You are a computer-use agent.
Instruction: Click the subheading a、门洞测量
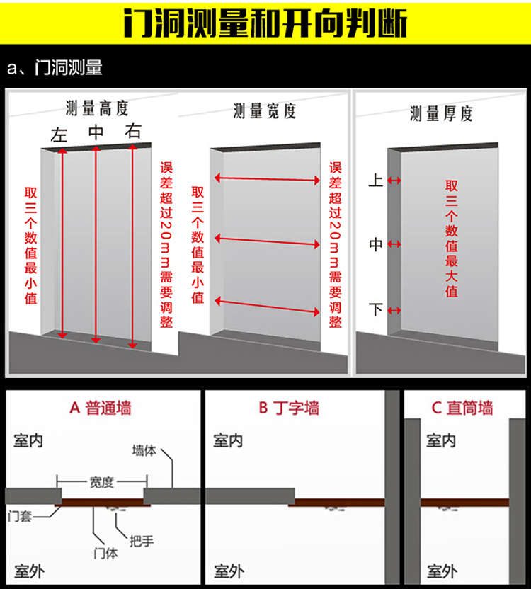pyautogui.click(x=55, y=68)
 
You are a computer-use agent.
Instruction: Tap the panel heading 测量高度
pyautogui.click(x=97, y=108)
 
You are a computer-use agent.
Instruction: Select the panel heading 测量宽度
pyautogui.click(x=264, y=110)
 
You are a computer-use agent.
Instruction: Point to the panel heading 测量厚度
pyautogui.click(x=441, y=113)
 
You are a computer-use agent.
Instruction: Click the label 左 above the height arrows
pyautogui.click(x=59, y=135)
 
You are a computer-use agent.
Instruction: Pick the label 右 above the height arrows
pyautogui.click(x=133, y=131)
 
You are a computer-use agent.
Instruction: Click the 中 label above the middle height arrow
pyautogui.click(x=96, y=132)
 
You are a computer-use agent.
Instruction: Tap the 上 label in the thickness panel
pyautogui.click(x=376, y=181)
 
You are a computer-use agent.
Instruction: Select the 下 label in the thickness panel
pyautogui.click(x=376, y=309)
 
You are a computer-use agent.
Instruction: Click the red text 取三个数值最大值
pyautogui.click(x=451, y=239)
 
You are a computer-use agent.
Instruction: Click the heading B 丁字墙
pyautogui.click(x=288, y=408)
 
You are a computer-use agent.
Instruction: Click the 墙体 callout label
pyautogui.click(x=144, y=450)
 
